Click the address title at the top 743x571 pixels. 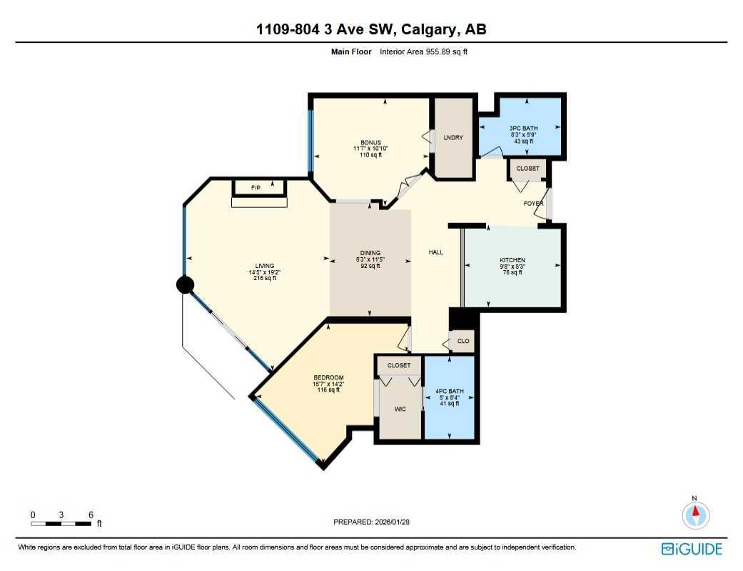[371, 29]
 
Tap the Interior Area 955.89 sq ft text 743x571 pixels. [423, 51]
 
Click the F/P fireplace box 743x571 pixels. [258, 187]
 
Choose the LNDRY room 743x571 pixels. [454, 138]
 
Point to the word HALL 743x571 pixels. [435, 252]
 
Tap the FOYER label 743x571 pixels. [533, 204]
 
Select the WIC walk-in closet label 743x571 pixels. [400, 410]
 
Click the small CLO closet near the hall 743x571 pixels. [463, 341]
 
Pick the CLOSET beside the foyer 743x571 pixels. [528, 169]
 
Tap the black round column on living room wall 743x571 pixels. [185, 285]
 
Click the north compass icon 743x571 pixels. [695, 515]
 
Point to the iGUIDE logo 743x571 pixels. [692, 549]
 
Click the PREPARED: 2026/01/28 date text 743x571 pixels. [371, 522]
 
